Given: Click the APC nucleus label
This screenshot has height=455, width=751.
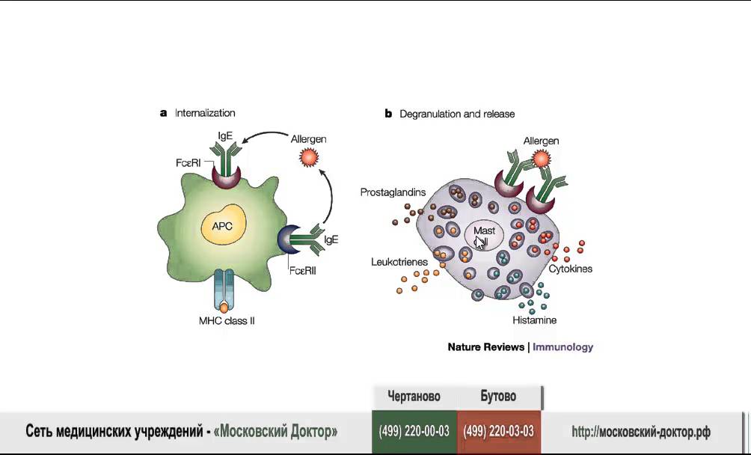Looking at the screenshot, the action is pyautogui.click(x=221, y=225).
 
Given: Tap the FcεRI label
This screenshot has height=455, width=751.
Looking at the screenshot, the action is pyautogui.click(x=188, y=163).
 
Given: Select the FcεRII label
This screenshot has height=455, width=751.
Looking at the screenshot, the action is pyautogui.click(x=303, y=271).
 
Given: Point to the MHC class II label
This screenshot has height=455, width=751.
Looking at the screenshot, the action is pyautogui.click(x=227, y=320).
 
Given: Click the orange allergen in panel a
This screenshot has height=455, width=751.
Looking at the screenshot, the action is pyautogui.click(x=309, y=157).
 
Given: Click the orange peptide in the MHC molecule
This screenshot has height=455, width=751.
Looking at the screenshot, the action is pyautogui.click(x=224, y=308).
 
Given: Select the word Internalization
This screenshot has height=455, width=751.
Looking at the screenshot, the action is pyautogui.click(x=205, y=113).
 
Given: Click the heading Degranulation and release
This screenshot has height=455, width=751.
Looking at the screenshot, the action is pyautogui.click(x=457, y=114).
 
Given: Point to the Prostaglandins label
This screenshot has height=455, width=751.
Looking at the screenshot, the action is pyautogui.click(x=393, y=192).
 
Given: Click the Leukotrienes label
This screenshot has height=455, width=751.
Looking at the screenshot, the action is pyautogui.click(x=399, y=262).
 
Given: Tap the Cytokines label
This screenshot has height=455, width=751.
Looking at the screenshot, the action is pyautogui.click(x=571, y=269).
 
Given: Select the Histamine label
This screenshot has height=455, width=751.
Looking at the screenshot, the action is pyautogui.click(x=535, y=320).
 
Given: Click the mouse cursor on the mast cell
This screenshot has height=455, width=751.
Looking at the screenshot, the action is pyautogui.click(x=480, y=242).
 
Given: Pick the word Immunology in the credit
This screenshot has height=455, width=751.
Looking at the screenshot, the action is pyautogui.click(x=563, y=347).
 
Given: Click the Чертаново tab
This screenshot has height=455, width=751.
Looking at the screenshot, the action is pyautogui.click(x=414, y=397).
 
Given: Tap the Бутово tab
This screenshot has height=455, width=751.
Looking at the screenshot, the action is pyautogui.click(x=499, y=397).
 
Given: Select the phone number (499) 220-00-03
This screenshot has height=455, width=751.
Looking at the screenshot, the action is pyautogui.click(x=414, y=432).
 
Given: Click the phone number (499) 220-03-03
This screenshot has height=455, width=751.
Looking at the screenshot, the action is pyautogui.click(x=499, y=432).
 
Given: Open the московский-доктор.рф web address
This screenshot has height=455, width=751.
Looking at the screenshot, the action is pyautogui.click(x=641, y=432).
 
